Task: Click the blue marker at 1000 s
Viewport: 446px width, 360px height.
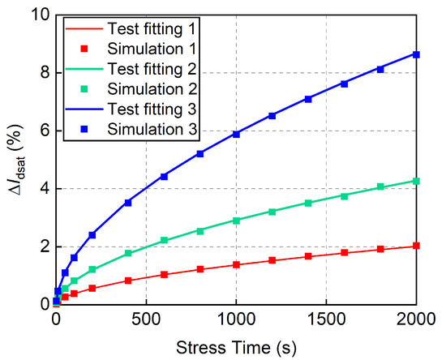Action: click(x=236, y=134)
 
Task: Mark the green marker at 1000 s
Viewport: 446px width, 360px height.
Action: click(x=236, y=221)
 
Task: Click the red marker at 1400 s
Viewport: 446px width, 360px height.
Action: click(x=308, y=256)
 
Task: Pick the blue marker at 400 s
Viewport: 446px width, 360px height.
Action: click(x=128, y=203)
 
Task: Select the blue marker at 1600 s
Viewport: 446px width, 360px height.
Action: click(x=345, y=84)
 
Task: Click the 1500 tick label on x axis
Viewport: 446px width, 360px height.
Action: click(x=326, y=319)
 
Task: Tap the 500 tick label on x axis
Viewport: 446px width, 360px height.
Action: click(x=146, y=319)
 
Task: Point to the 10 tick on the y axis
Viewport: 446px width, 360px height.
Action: click(x=38, y=15)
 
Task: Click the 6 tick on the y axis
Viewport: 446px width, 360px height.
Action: click(x=42, y=131)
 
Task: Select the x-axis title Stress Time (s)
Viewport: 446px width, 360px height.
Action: click(x=236, y=345)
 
